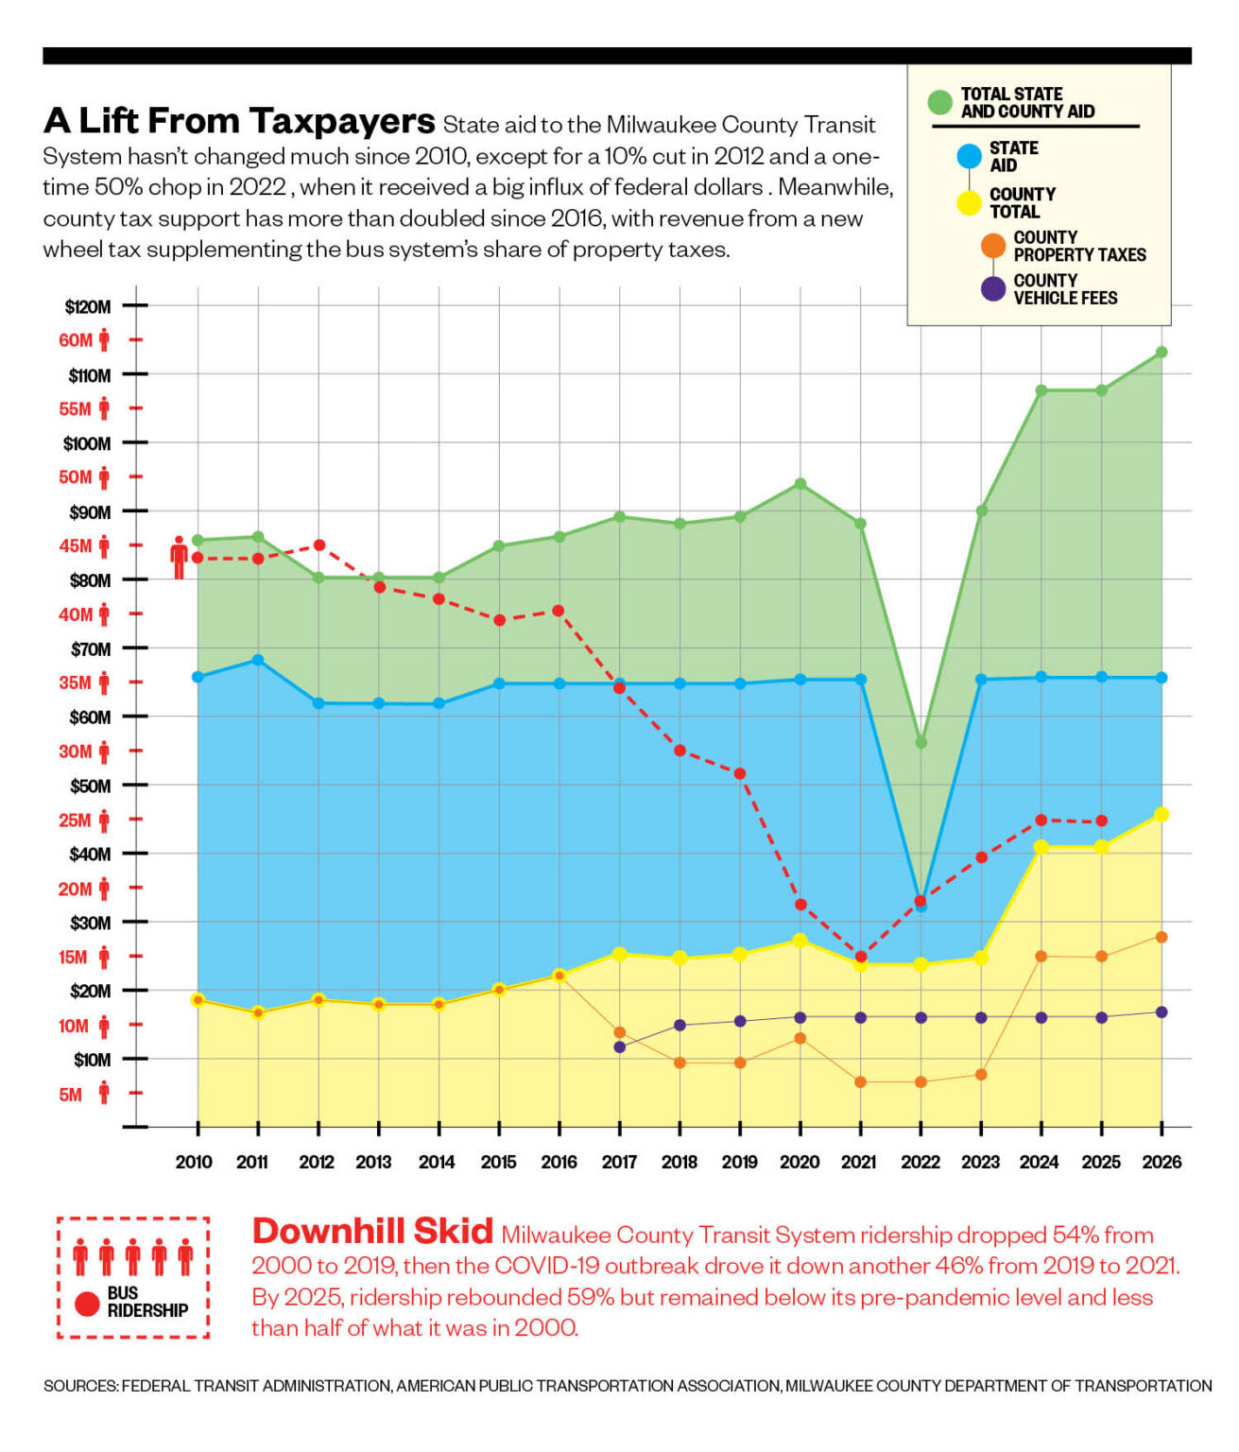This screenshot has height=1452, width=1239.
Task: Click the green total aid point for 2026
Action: coord(1162,352)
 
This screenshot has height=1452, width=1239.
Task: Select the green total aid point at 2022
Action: coord(921,742)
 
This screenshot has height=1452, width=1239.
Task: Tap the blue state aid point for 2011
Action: coord(258,660)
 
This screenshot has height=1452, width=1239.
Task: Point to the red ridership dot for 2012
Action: coord(318,545)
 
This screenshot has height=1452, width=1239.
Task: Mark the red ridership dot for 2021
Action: coord(861,957)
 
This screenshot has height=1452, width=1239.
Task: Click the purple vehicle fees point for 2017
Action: coord(620,1047)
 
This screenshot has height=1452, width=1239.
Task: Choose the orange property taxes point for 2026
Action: coord(1162,937)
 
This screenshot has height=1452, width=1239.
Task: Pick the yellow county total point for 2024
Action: coord(1041,847)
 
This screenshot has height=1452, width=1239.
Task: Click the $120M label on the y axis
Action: coord(88,307)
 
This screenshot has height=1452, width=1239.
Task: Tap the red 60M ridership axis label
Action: coord(76,340)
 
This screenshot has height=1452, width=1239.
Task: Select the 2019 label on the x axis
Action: coord(740,1162)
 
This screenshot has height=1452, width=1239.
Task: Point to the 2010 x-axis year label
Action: coord(194,1162)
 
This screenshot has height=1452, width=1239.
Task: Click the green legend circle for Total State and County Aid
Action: coord(939,102)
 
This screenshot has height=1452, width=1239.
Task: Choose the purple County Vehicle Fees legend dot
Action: coord(993,288)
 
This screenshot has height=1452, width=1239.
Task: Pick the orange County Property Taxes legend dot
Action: coord(993,246)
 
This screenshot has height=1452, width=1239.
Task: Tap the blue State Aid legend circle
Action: coord(970,156)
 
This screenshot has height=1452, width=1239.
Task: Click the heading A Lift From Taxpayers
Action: coord(239,121)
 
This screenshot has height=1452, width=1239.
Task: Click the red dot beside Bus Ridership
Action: coord(87,1304)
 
